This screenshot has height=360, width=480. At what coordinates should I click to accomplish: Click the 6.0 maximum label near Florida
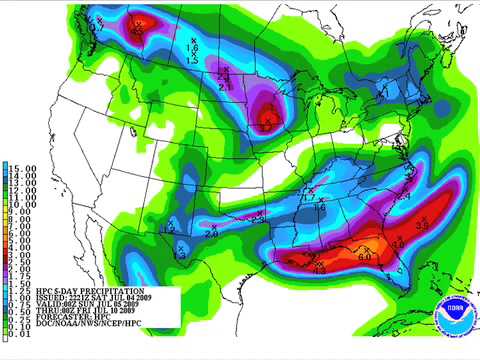[x=364, y=257]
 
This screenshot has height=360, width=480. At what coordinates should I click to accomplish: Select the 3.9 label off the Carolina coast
[x=421, y=227]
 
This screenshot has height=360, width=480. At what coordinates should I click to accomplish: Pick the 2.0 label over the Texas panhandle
[x=211, y=232]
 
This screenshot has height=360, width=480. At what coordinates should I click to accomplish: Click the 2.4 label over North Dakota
[x=224, y=88]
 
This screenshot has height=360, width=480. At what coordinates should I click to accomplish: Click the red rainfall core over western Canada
[x=141, y=24]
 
